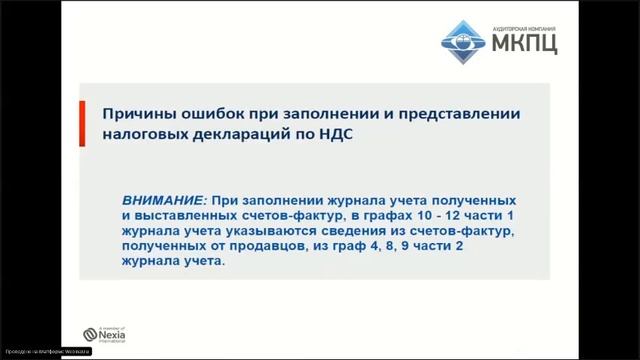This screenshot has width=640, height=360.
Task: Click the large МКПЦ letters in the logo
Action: [525, 43]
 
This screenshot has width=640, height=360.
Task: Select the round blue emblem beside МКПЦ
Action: [465, 36]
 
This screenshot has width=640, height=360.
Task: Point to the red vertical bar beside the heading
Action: [82, 122]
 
